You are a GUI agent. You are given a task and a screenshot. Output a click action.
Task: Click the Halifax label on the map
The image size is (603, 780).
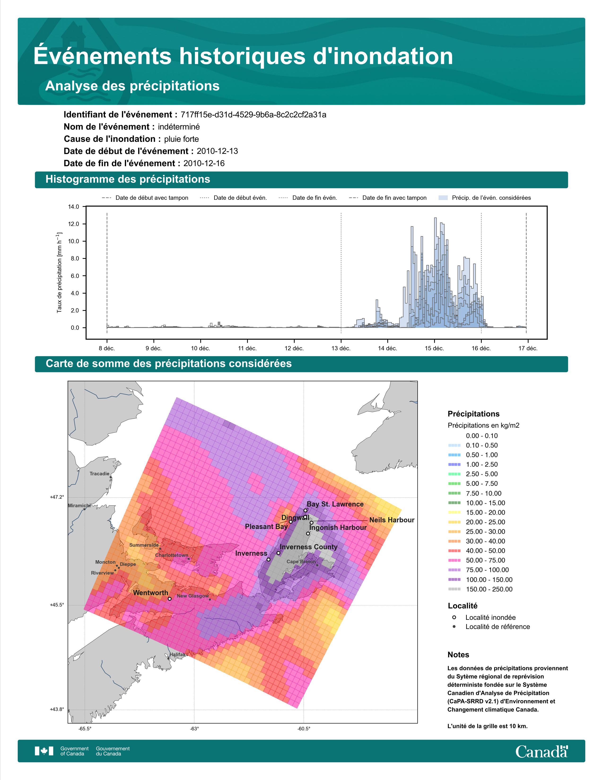(x=178, y=655)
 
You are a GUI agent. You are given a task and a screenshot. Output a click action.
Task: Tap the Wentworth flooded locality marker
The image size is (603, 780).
(x=170, y=598)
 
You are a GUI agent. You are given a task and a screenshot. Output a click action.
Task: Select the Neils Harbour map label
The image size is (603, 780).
(x=392, y=520)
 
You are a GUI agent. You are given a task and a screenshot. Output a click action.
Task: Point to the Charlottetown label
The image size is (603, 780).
(x=171, y=555)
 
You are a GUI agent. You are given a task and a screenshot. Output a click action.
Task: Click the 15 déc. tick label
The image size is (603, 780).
(x=434, y=348)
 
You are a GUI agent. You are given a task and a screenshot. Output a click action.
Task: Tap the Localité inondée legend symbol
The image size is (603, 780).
(x=454, y=617)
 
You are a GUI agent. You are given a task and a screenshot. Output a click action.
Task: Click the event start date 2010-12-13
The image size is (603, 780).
(x=217, y=151)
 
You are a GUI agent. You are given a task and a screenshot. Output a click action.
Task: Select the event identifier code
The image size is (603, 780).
(x=253, y=115)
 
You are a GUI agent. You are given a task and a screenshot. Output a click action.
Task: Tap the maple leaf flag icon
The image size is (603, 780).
(x=44, y=751)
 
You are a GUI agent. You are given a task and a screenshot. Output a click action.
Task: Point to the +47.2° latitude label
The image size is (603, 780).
(x=57, y=497)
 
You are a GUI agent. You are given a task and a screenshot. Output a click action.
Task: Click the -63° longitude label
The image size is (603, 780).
(x=194, y=728)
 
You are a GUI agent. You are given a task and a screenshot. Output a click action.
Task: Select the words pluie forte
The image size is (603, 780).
(x=181, y=139)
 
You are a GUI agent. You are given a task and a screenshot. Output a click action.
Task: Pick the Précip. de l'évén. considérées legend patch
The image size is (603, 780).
(x=443, y=198)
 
